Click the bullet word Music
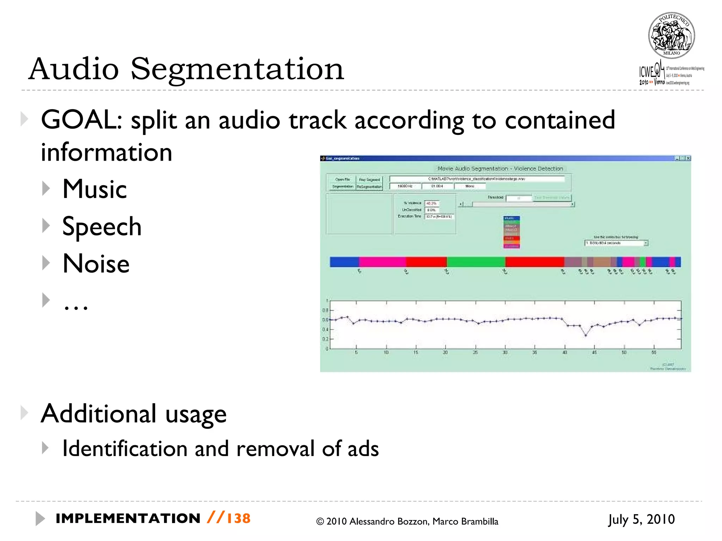(94, 189)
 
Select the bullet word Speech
(102, 226)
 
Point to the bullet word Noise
(96, 264)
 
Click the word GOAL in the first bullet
(81, 120)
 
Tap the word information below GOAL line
(106, 152)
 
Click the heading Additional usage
(133, 413)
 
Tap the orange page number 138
(238, 518)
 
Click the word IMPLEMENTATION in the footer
(128, 518)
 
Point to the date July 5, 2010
(641, 520)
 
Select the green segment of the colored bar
(476, 262)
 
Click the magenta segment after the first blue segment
(382, 262)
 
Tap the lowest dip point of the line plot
(586, 335)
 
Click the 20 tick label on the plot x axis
(445, 353)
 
